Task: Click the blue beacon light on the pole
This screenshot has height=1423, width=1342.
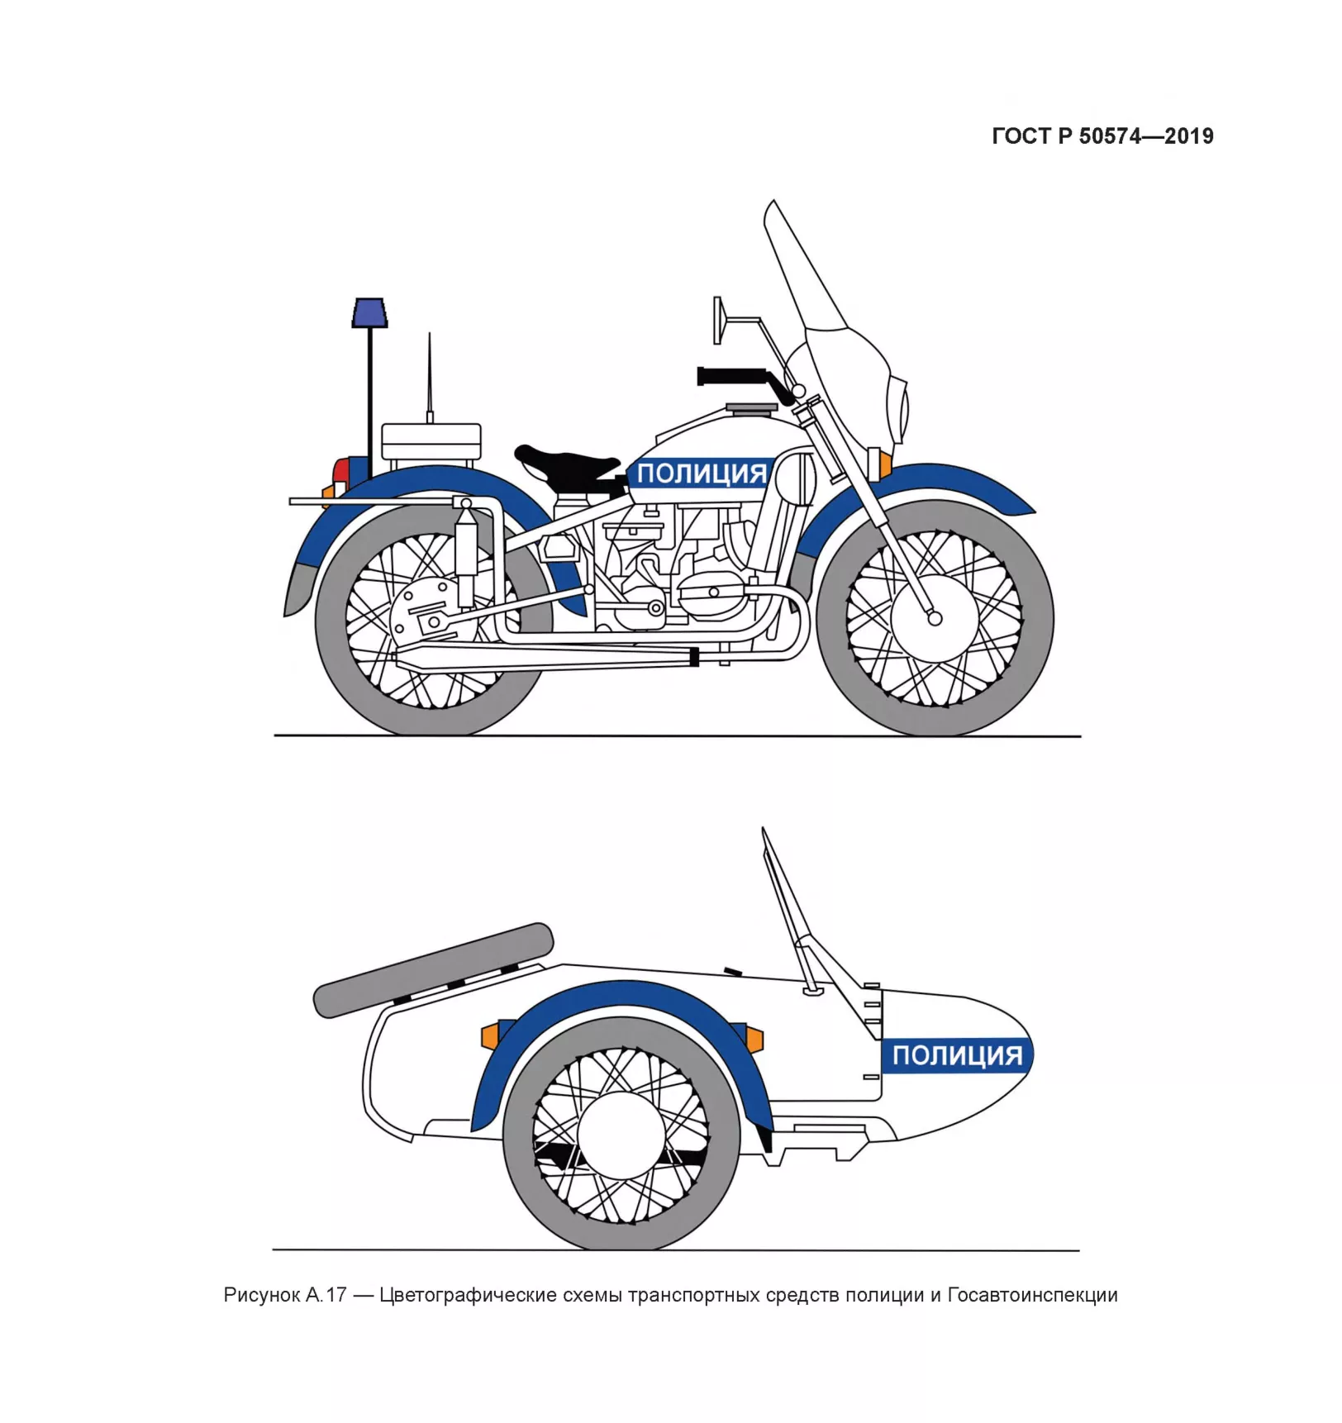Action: [x=369, y=312]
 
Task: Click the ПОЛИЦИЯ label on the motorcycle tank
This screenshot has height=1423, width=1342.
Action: [x=702, y=474]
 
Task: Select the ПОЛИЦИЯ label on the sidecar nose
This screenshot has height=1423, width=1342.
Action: [x=957, y=1055]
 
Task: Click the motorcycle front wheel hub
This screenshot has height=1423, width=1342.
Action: [x=934, y=617]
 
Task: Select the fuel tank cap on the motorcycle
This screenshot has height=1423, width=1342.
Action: [x=752, y=407]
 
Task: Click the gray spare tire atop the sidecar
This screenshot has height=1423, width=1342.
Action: [x=434, y=969]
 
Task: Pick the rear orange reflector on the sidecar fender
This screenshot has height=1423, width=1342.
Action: [x=490, y=1035]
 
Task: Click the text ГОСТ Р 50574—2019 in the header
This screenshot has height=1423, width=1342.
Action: [x=1102, y=136]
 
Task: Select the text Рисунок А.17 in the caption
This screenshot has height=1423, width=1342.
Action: [x=285, y=1295]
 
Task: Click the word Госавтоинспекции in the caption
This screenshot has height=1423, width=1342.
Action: [x=1032, y=1295]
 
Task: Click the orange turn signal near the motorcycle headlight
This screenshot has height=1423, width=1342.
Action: [x=885, y=464]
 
